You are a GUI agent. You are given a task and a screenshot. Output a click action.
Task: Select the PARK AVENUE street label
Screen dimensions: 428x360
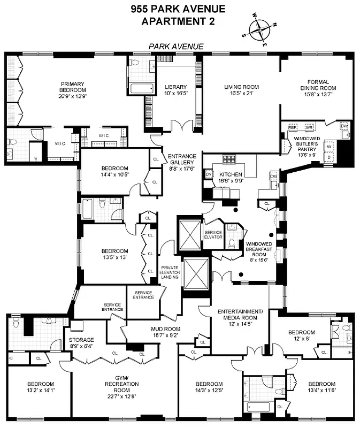(177, 47)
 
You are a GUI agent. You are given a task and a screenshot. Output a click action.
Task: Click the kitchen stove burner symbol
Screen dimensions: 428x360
(228, 159)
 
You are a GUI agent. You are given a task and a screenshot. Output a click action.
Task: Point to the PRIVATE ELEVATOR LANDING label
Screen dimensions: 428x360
(170, 273)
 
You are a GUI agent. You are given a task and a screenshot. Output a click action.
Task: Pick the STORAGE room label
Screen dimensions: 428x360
(81, 340)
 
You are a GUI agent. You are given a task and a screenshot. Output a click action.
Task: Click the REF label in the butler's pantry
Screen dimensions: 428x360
(293, 128)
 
